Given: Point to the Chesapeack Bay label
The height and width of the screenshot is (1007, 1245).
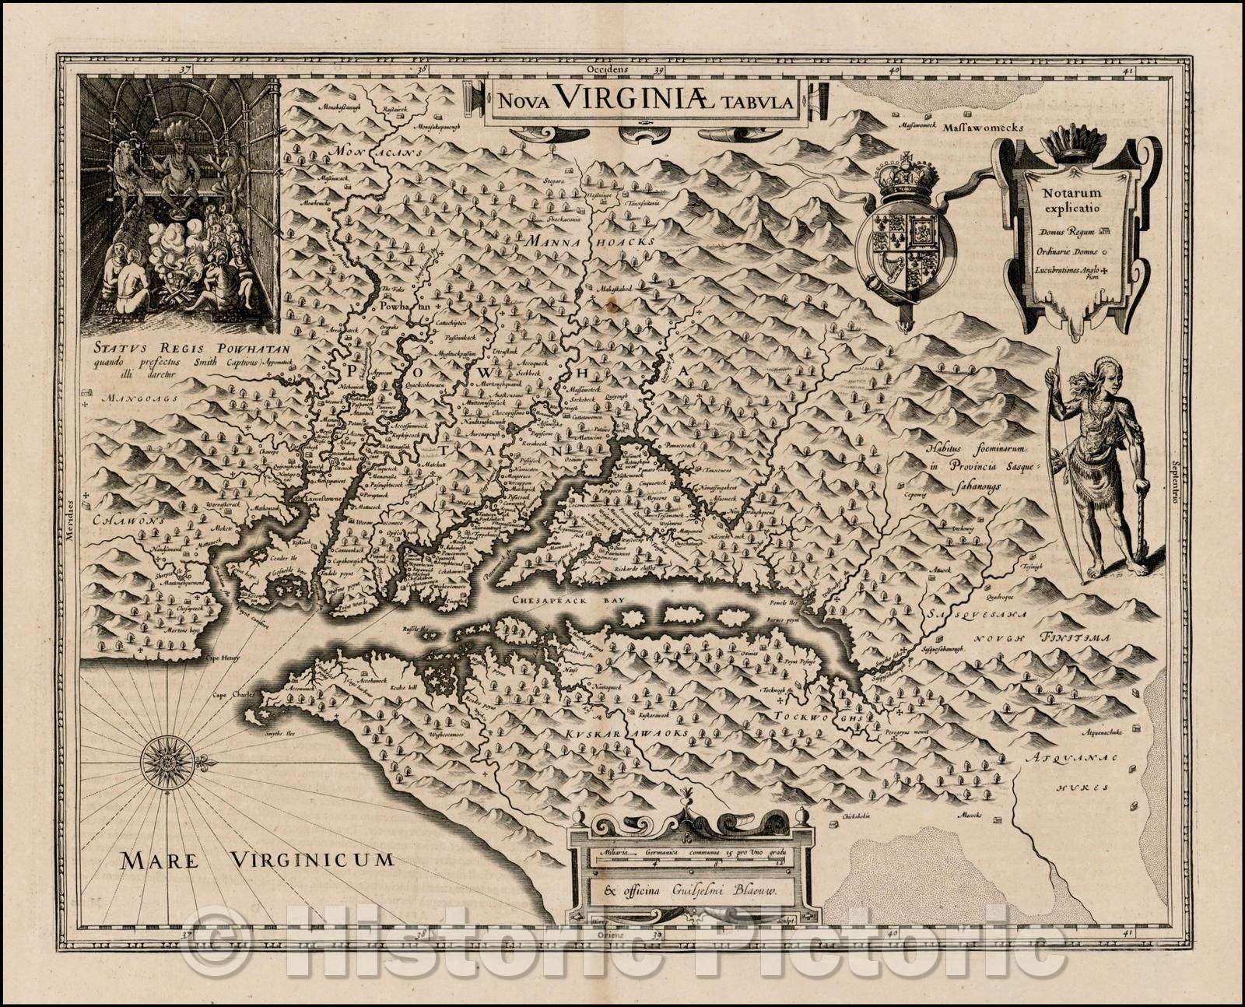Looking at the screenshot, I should pyautogui.click(x=557, y=601).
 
